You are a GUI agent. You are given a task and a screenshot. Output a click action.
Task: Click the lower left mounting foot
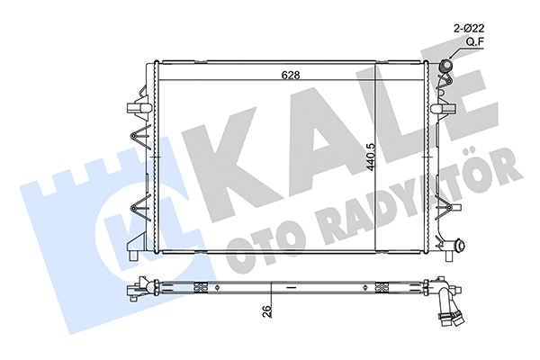point(134,255)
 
